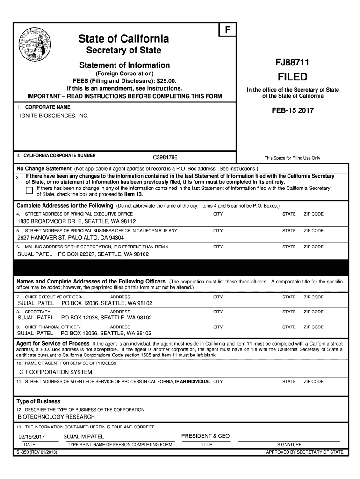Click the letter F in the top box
[228, 29]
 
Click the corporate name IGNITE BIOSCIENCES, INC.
[53, 115]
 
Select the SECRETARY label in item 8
[37, 312]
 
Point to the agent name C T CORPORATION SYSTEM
[55, 372]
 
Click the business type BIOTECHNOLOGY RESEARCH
[56, 417]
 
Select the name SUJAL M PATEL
[84, 436]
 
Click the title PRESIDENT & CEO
[206, 436]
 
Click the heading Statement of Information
[124, 65]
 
